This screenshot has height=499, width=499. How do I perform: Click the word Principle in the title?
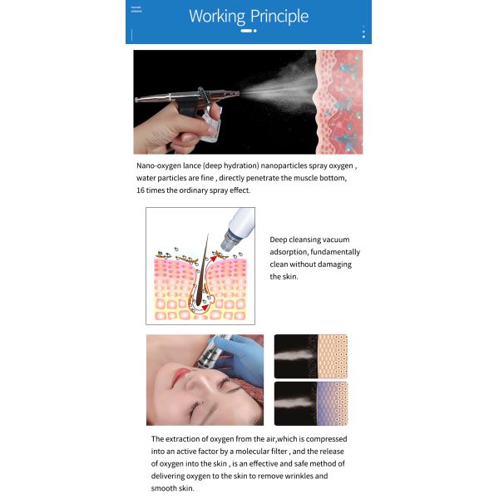279,16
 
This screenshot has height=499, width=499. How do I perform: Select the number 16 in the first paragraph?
141,190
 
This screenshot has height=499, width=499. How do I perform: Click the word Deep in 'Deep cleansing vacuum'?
279,240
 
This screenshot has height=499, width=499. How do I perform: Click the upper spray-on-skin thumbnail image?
311,356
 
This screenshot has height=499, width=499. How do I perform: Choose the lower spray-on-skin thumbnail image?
311,403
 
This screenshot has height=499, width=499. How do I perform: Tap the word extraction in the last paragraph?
185,439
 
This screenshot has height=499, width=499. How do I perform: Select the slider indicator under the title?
248,31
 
